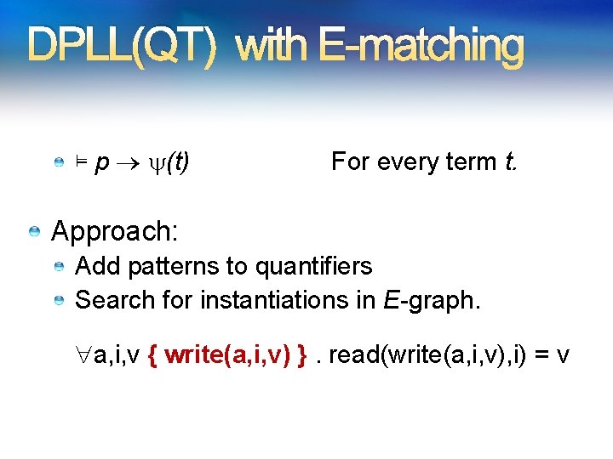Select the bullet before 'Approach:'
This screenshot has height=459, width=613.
(34, 231)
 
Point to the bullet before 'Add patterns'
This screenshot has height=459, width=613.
(58, 268)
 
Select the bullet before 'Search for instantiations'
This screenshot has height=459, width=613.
(58, 301)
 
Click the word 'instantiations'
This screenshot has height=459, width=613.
(271, 300)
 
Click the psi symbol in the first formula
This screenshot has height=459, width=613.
(155, 161)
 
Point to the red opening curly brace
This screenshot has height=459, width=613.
(152, 354)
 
